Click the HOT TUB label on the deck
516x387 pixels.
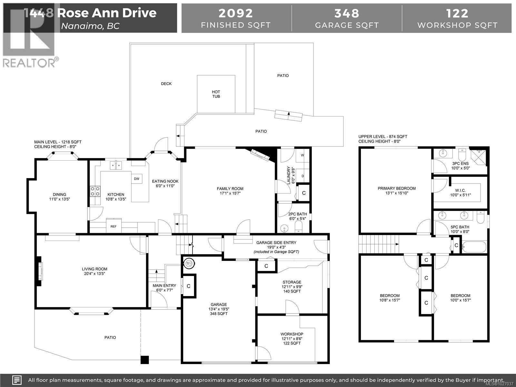(216, 94)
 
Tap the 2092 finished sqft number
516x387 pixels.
(236, 14)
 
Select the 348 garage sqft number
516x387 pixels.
(347, 14)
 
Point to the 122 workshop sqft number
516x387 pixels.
(457, 14)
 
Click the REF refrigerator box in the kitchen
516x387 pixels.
(114, 226)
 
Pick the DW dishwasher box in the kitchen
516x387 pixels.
(136, 179)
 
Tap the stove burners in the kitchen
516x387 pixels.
(95, 191)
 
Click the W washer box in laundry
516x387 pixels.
(303, 155)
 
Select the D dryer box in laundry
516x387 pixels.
(303, 176)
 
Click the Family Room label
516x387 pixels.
(230, 191)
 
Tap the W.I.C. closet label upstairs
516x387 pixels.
(460, 193)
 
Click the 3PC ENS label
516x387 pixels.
(460, 166)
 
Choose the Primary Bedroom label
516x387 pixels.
(397, 191)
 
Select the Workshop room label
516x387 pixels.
(292, 338)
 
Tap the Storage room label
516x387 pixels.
(292, 286)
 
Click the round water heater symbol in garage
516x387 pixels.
(189, 263)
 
